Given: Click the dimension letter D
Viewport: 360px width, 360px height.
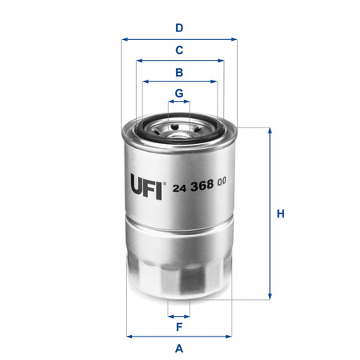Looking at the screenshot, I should click(x=179, y=28).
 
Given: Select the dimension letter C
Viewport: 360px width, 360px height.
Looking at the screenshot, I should click(x=179, y=50).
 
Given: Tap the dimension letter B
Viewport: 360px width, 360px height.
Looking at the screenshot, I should click(x=179, y=72).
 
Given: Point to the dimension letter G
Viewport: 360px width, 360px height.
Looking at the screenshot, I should click(x=179, y=93).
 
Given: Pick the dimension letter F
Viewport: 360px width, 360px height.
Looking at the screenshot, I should click(x=179, y=326).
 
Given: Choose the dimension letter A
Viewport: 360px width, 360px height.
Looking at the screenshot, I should click(x=179, y=347).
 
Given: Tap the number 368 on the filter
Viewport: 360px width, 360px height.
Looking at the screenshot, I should click(x=203, y=182).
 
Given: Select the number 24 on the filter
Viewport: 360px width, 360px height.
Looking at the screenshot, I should click(x=179, y=182).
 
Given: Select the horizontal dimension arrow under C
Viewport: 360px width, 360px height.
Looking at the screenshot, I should click(x=179, y=60).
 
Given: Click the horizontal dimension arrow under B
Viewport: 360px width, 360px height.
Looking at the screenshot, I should click(x=179, y=81).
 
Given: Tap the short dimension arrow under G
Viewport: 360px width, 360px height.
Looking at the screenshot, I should click(x=179, y=102).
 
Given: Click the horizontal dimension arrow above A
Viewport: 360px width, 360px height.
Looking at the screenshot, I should click(x=179, y=337).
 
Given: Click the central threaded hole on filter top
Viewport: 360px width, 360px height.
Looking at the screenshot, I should click(x=179, y=125).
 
